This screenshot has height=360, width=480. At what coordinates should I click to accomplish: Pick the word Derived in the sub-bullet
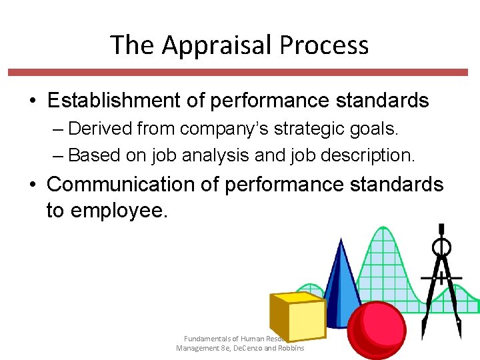coord(97,128)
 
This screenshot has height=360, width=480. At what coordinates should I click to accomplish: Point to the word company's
coord(214,128)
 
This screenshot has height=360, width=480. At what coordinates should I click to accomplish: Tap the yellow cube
coord(296,317)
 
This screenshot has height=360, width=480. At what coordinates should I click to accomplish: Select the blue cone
coord(341,280)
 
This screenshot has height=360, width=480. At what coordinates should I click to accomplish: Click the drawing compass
coord(441,280)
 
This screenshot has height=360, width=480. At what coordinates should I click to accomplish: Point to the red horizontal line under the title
coord(240,71)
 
